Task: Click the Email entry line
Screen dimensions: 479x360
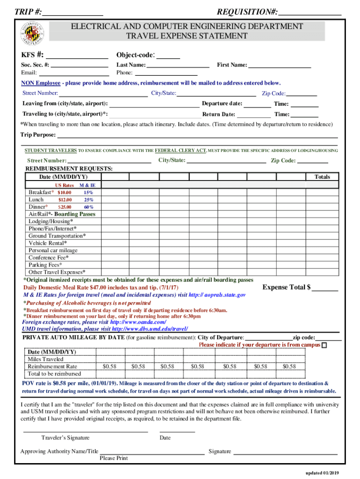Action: [x=74, y=74]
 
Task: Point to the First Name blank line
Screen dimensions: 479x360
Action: [x=280, y=66]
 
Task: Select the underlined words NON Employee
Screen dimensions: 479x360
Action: [x=41, y=83]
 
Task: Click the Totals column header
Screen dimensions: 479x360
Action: [x=322, y=177]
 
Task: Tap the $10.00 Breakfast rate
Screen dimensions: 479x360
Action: [x=64, y=193]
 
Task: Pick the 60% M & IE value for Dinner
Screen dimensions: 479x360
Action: [x=88, y=207]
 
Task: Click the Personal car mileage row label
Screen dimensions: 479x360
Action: [x=53, y=250]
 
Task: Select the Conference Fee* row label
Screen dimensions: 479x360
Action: [x=49, y=258]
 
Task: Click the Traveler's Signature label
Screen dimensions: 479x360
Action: [x=65, y=438]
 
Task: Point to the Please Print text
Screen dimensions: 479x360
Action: [x=114, y=458]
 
